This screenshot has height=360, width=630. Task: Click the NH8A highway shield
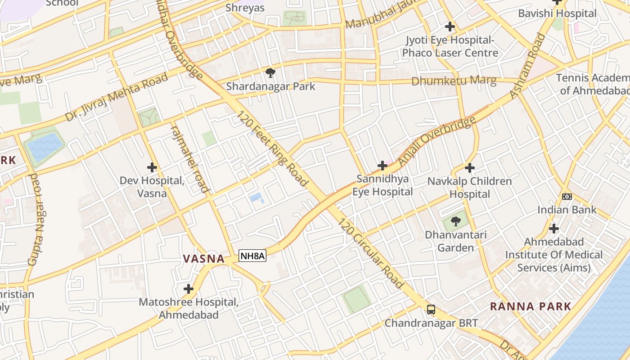[x=252, y=256]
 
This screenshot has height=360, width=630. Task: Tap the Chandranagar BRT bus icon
[x=431, y=309]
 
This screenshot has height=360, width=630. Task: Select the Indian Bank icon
[x=567, y=197]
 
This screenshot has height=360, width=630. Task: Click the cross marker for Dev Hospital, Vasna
[x=152, y=167]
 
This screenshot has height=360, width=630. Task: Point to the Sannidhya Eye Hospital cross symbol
[x=382, y=166]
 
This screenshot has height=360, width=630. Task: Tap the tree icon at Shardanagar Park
[x=270, y=72]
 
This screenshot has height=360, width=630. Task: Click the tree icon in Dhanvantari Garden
[x=456, y=221]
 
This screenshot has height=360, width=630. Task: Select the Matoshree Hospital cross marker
[x=189, y=288]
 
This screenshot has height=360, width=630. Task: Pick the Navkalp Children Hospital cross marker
[x=470, y=168]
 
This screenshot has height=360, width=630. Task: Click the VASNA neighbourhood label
[x=203, y=259]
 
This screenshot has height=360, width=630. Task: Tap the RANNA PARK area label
[x=530, y=306]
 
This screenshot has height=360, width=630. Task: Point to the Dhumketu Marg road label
[x=454, y=81]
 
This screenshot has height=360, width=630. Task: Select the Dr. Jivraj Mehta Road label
[x=117, y=97]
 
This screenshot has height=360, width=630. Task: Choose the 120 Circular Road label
[x=371, y=253]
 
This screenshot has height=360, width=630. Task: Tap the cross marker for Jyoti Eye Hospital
[x=450, y=27]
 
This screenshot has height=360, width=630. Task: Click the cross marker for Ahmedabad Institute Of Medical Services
[x=554, y=229]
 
